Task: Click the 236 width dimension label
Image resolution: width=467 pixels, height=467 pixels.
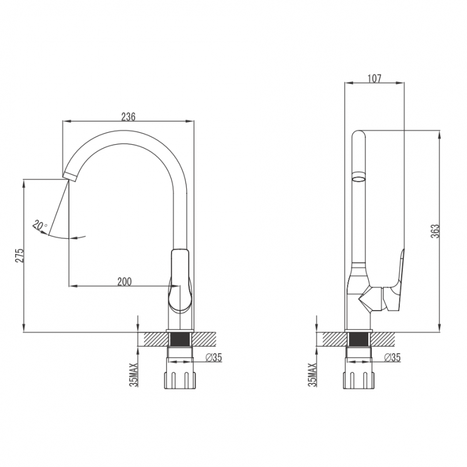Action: tap(128, 116)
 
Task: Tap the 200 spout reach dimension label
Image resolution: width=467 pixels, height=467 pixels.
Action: tap(124, 281)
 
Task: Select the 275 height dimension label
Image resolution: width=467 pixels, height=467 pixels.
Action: tap(19, 255)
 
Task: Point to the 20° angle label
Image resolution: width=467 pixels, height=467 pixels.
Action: tap(40, 225)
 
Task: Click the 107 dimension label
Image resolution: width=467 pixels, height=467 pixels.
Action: tap(374, 78)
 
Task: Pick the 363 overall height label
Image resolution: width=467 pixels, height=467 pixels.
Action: tap(435, 231)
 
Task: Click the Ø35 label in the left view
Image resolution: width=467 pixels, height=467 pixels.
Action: tap(214, 357)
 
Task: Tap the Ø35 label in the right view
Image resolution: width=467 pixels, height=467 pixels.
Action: tap(392, 357)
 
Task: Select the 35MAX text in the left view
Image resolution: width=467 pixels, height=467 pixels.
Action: tap(134, 375)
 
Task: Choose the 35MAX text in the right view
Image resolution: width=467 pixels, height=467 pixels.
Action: tap(313, 375)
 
